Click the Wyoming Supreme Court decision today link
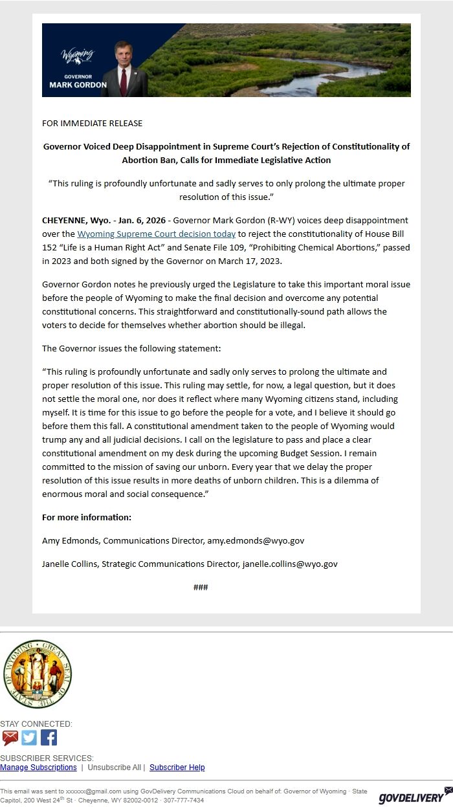[x=156, y=234]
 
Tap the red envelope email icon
[x=10, y=738]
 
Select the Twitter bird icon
[x=29, y=738]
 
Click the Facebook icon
[x=49, y=738]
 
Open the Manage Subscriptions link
[x=38, y=768]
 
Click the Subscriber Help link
[x=177, y=768]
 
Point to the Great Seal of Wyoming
[x=36, y=674]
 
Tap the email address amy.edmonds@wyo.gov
[x=256, y=540]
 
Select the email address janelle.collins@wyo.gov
[x=290, y=564]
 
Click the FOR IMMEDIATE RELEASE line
[x=92, y=123]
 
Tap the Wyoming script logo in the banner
[x=77, y=54]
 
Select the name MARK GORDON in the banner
[x=78, y=85]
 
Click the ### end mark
[x=201, y=587]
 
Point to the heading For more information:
[x=87, y=517]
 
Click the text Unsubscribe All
[x=114, y=768]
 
